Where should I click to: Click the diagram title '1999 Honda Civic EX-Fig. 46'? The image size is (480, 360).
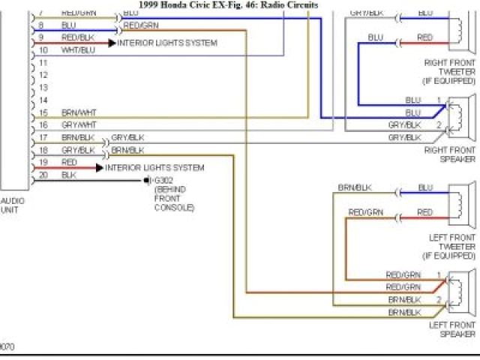click(x=229, y=5)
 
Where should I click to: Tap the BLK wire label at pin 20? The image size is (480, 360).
click(x=68, y=175)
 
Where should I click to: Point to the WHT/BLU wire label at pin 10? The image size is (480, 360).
click(x=78, y=50)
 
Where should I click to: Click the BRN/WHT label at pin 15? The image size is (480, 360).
click(x=79, y=112)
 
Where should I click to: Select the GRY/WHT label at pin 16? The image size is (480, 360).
click(x=79, y=124)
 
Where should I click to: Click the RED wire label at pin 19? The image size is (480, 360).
click(x=69, y=162)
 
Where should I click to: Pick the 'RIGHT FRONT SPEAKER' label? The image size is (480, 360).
click(x=450, y=154)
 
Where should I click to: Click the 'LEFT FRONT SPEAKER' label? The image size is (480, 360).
click(x=452, y=329)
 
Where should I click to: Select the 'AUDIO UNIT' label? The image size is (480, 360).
click(x=12, y=205)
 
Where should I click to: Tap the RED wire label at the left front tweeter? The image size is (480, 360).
click(x=425, y=212)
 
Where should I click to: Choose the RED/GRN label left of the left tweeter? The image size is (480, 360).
click(x=366, y=212)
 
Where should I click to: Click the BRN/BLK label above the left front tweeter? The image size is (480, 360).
click(x=355, y=187)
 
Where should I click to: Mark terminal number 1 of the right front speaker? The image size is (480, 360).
click(x=439, y=100)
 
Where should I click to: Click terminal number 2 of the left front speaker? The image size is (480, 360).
click(x=439, y=298)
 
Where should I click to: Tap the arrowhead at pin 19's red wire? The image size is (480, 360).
click(x=99, y=168)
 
